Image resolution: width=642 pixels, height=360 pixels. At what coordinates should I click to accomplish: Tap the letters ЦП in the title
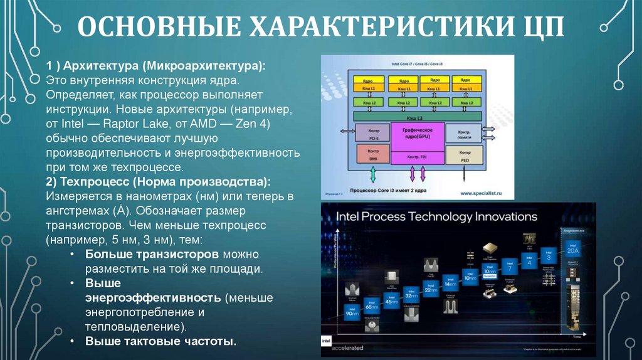click(x=539, y=28)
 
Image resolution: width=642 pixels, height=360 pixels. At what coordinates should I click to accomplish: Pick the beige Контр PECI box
click(x=465, y=155)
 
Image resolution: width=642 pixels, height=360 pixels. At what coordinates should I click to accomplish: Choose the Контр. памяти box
click(x=465, y=134)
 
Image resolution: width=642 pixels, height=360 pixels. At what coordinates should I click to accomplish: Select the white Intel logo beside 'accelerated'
click(x=327, y=342)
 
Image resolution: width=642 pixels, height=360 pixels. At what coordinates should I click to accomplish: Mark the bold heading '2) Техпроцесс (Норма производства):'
click(x=158, y=182)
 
